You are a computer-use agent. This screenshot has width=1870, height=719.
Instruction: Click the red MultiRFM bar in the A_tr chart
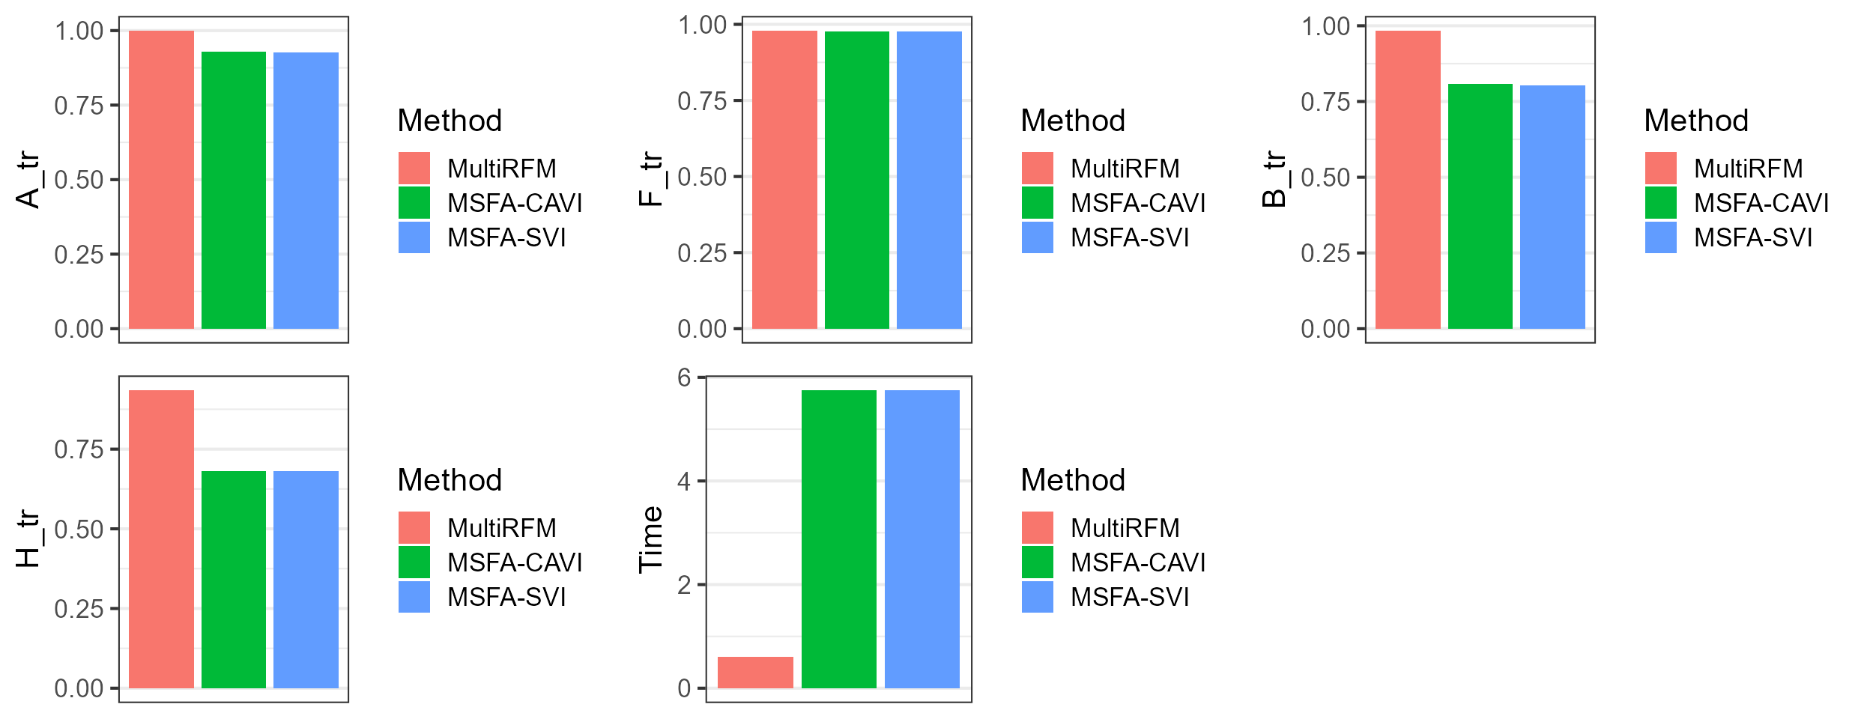(x=161, y=180)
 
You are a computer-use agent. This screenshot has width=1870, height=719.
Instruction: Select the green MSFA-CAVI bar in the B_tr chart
(x=1480, y=206)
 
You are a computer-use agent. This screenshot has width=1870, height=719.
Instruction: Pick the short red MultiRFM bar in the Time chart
(x=755, y=672)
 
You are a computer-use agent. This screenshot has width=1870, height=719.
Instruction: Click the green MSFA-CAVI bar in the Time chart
(x=838, y=539)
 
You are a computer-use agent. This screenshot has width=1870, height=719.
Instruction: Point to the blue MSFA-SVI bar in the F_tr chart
(x=929, y=180)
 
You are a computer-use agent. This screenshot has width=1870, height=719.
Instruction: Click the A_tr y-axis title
(x=28, y=180)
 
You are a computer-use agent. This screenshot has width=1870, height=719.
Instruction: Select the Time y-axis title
(x=650, y=539)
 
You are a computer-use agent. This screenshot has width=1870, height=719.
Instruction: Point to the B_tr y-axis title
(x=1275, y=180)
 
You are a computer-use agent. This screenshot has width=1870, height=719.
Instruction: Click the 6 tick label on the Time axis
(x=684, y=377)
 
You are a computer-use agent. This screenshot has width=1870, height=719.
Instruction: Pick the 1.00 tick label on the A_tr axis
(x=79, y=31)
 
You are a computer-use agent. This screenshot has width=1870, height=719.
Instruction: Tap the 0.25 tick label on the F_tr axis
(x=702, y=253)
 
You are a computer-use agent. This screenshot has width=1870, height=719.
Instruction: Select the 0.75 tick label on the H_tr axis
(x=79, y=449)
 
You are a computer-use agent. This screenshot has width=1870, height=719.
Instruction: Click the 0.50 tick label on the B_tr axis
(x=1325, y=178)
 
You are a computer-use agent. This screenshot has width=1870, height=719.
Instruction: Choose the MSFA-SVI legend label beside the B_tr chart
(x=1753, y=237)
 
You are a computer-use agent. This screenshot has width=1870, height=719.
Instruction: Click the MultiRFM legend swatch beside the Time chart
(x=1038, y=527)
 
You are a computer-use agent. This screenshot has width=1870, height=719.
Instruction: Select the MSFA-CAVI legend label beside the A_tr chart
(x=515, y=203)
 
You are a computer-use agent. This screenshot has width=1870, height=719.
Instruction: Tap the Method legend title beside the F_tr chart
(x=1073, y=121)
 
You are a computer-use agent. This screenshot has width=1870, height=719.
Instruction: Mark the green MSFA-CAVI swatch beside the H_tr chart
(x=414, y=562)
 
